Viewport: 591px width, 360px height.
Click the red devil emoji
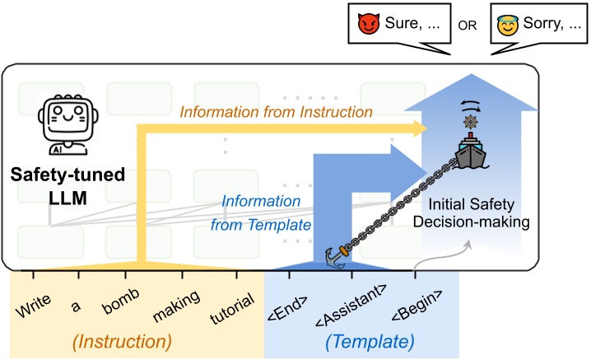click(x=368, y=24)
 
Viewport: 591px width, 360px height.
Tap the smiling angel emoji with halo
click(x=507, y=26)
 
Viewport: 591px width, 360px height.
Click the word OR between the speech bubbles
click(x=468, y=26)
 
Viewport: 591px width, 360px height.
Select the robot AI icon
click(x=68, y=124)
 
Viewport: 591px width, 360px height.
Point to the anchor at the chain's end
click(x=337, y=257)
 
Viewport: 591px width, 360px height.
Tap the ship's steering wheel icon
click(x=470, y=121)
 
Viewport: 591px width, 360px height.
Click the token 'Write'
click(x=33, y=306)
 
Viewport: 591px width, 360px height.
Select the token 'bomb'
click(x=121, y=302)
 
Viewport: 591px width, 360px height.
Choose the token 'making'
click(x=176, y=306)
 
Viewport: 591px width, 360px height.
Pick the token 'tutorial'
click(x=232, y=309)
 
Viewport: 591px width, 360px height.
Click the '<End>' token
click(x=287, y=308)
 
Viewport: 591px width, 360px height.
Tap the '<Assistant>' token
click(x=351, y=306)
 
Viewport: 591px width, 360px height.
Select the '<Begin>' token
click(x=416, y=306)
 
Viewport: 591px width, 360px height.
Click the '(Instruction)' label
click(x=122, y=342)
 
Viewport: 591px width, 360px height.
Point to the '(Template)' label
click(x=370, y=342)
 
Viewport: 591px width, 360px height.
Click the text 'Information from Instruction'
click(x=277, y=112)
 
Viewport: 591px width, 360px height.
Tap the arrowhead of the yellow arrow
click(x=421, y=129)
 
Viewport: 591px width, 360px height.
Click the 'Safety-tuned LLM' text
click(x=67, y=186)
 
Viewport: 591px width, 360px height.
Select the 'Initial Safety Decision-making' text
click(x=472, y=213)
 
